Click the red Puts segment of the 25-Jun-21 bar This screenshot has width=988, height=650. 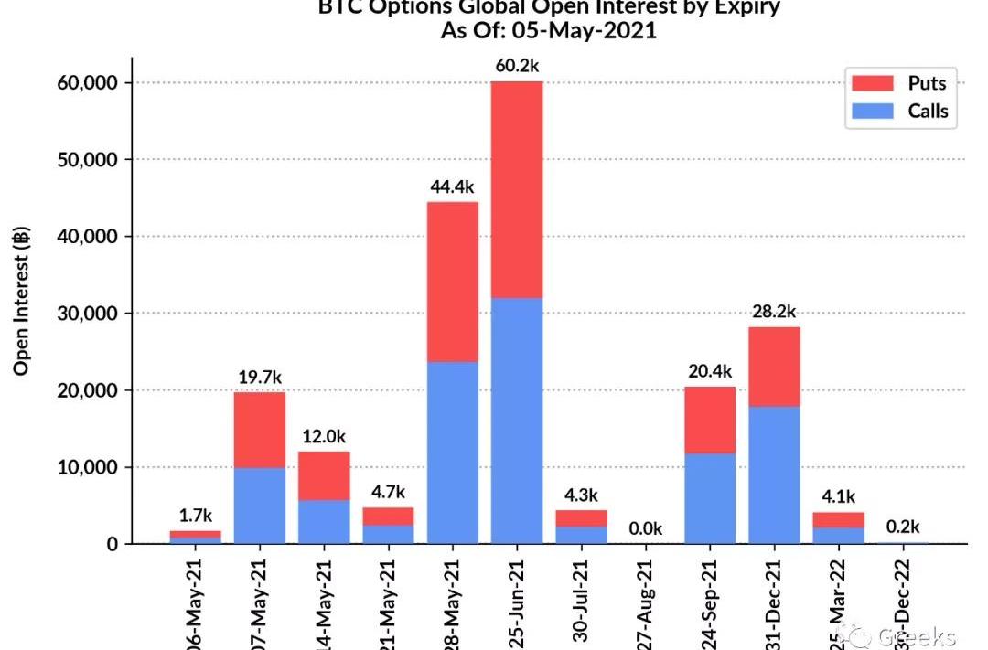tap(516, 189)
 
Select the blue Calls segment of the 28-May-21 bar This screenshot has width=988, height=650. tap(452, 452)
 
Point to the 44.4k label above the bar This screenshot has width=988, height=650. tap(452, 186)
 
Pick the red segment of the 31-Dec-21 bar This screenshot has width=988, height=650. tap(774, 367)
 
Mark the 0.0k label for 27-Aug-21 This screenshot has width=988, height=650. tap(645, 528)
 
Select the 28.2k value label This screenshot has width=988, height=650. tap(774, 311)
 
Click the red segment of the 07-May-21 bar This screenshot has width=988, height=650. tap(260, 430)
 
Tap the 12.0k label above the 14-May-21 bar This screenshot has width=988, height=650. tap(324, 436)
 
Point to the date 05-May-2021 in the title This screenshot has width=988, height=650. tap(586, 30)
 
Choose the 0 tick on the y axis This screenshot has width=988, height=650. tap(113, 544)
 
